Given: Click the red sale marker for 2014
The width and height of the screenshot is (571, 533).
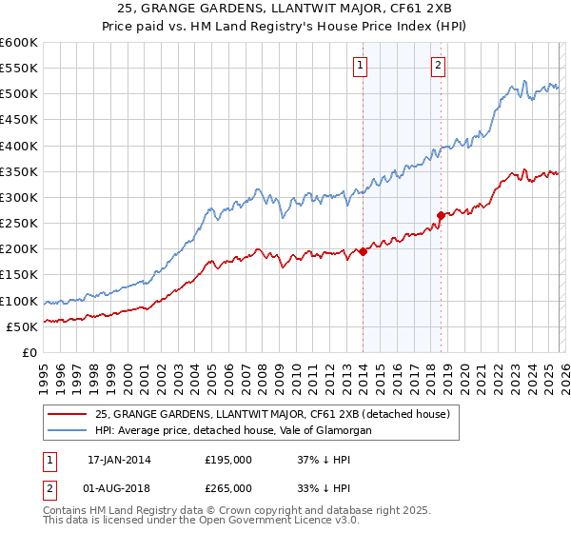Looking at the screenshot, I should (x=363, y=252).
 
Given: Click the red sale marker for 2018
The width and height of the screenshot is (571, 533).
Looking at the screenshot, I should (x=441, y=216).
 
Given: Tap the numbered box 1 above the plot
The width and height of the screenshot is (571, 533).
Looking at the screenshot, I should (x=362, y=66).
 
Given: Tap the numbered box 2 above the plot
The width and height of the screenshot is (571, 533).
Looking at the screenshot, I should (x=438, y=66).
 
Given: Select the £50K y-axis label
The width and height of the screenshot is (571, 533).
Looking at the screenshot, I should (x=22, y=326).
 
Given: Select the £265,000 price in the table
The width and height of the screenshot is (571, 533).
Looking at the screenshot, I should (x=228, y=487).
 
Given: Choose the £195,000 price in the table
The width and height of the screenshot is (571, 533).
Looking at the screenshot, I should (x=228, y=460).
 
